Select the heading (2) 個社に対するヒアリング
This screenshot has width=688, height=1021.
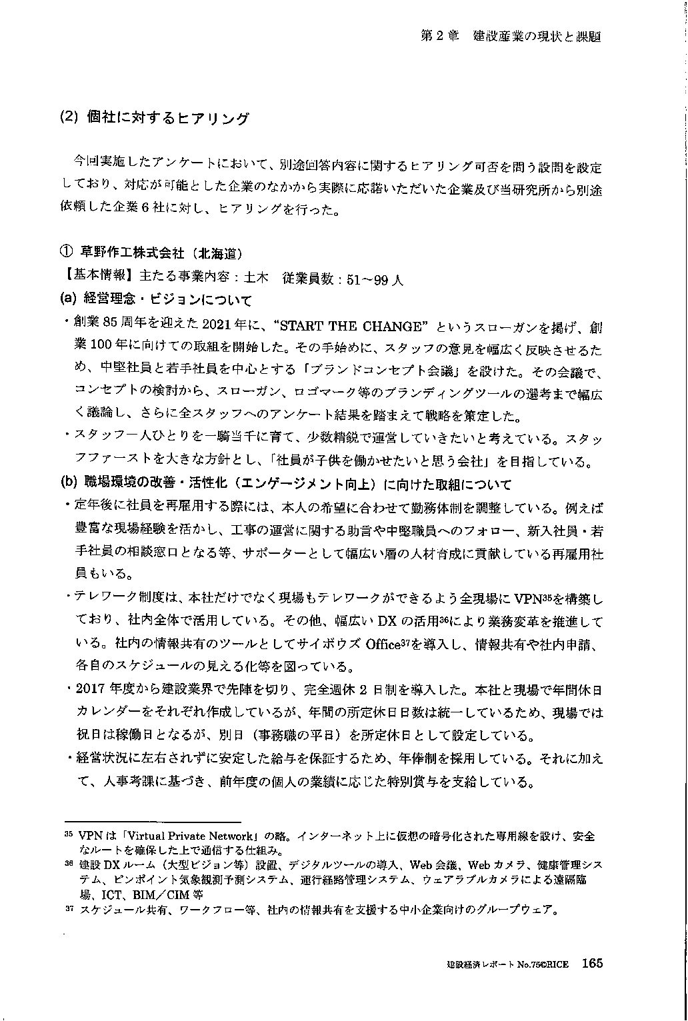tap(154, 119)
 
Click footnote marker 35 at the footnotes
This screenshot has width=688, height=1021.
tap(67, 833)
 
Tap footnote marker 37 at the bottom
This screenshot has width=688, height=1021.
tap(67, 908)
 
